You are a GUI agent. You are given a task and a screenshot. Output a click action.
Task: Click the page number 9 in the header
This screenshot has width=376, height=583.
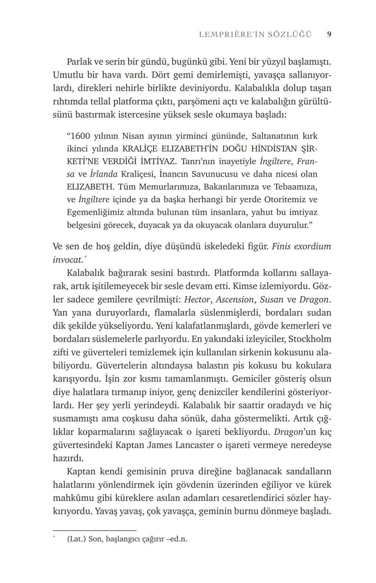click(329, 34)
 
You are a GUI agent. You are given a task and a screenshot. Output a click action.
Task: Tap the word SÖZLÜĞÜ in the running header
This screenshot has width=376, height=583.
click(289, 34)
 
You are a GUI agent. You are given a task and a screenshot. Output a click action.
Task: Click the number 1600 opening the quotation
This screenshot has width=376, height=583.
click(80, 136)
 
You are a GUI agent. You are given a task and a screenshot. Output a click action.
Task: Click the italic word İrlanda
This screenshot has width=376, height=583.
click(104, 174)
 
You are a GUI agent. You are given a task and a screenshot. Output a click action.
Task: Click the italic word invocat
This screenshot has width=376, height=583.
click(68, 260)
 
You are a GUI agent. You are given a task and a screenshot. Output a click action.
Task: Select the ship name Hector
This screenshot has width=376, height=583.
click(197, 299)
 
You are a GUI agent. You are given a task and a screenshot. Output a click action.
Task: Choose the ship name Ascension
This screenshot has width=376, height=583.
click(235, 299)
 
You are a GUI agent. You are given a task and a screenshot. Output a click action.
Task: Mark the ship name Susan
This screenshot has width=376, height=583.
click(271, 299)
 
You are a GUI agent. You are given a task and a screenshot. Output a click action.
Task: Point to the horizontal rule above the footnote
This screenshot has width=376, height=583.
click(94, 530)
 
